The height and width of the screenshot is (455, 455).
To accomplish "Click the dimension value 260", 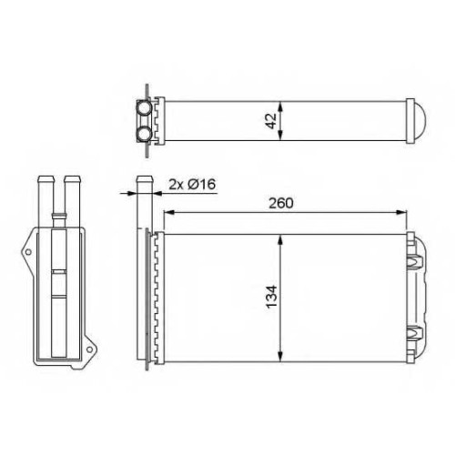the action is (281, 203).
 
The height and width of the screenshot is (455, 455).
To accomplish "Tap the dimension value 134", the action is (271, 297).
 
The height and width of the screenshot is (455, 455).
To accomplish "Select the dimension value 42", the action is (271, 121).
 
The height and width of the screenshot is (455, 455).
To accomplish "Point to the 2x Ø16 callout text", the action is (192, 184).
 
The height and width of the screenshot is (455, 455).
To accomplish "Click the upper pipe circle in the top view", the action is (144, 107).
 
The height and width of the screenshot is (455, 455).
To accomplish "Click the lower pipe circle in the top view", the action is (144, 134).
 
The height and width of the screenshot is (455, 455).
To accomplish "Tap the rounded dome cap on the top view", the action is (420, 121).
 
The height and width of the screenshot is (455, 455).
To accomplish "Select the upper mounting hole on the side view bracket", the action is (28, 252).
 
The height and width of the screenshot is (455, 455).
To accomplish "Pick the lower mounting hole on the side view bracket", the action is (89, 349).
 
